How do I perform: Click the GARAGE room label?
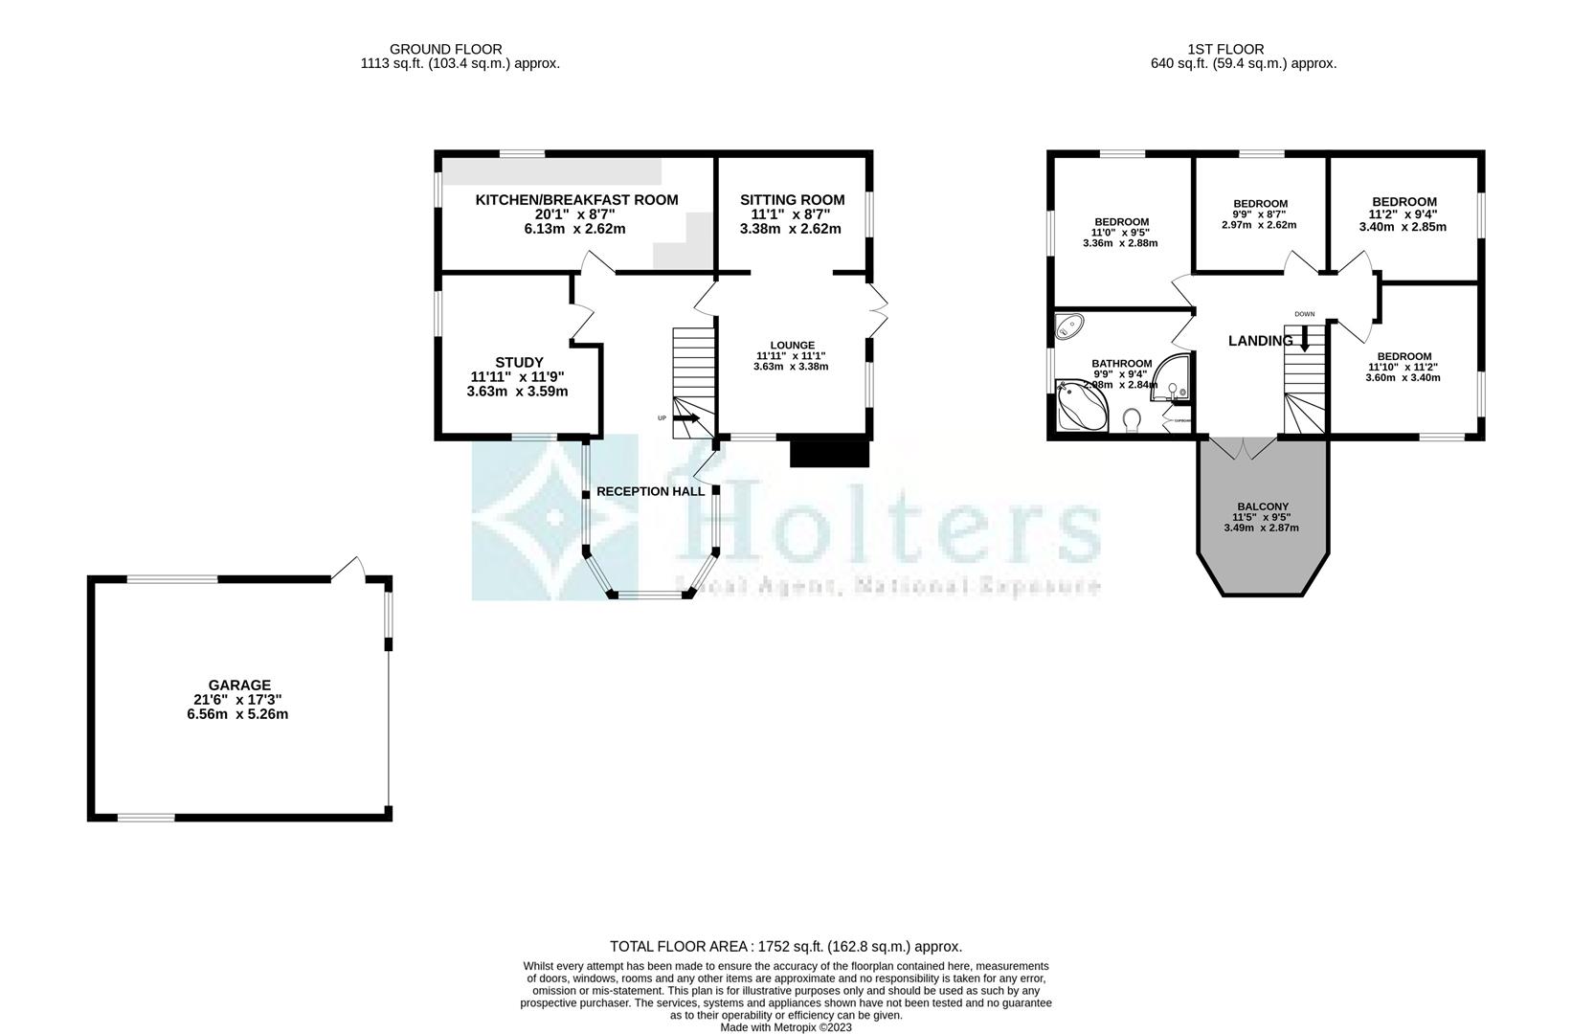(240, 686)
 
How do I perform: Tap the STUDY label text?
(519, 362)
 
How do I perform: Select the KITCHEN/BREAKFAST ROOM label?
(576, 200)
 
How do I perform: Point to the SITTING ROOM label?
(792, 200)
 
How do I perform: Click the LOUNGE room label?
(792, 346)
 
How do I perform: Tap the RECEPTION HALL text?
(650, 491)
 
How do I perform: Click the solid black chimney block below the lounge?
(829, 452)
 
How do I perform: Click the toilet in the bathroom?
(1133, 419)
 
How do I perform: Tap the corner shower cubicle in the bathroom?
(1172, 376)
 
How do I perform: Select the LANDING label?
(1260, 341)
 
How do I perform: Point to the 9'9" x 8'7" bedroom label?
(1260, 204)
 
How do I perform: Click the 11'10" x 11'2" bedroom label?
(1404, 356)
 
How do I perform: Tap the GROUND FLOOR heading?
(445, 49)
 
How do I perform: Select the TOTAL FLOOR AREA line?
(785, 946)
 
